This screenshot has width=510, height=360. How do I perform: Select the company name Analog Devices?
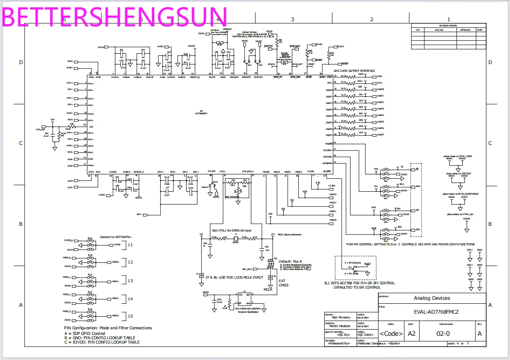(x=432, y=298)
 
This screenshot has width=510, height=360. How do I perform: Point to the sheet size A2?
(x=412, y=334)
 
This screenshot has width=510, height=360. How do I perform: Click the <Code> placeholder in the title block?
(x=391, y=334)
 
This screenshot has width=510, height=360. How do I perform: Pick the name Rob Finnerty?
(x=338, y=317)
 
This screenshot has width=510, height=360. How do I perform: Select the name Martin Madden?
(x=340, y=326)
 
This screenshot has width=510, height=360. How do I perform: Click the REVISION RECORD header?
(x=448, y=26)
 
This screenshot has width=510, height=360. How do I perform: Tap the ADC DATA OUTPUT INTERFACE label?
(x=354, y=71)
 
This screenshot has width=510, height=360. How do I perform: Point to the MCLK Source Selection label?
(x=290, y=235)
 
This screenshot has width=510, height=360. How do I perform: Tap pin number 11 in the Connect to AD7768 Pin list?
(x=130, y=244)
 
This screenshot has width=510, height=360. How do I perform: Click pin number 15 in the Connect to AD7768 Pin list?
(x=130, y=316)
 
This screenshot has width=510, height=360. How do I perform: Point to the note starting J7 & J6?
(x=228, y=277)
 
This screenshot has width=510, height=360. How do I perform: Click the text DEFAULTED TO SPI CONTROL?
(x=358, y=287)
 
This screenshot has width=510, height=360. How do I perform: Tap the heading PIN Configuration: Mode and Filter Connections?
(x=108, y=328)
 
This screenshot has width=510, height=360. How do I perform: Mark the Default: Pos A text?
(x=291, y=261)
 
